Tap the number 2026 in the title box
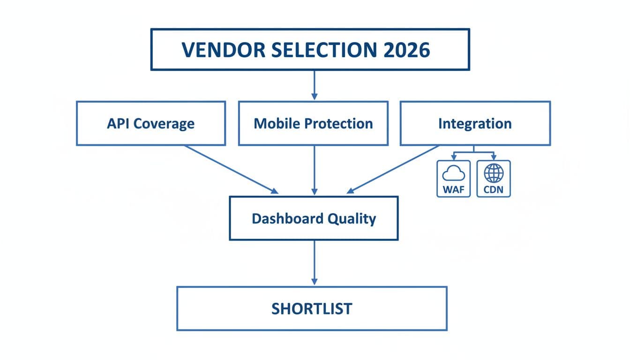[x=406, y=50]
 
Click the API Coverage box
[x=150, y=123]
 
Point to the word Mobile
[x=277, y=123]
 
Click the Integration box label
[x=475, y=123]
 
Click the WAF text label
[x=453, y=191]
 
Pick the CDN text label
[x=494, y=191]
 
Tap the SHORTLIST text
[x=312, y=308]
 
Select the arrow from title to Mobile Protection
[x=314, y=85]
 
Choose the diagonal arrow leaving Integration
[x=394, y=169]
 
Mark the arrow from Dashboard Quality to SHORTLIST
[x=314, y=262]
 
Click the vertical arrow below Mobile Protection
[x=314, y=170]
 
